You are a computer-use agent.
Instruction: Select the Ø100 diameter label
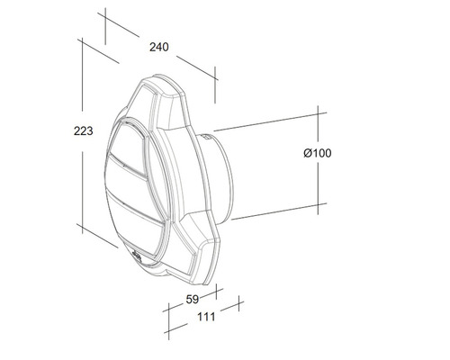(x=317, y=154)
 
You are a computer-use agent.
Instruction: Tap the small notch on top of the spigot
(x=213, y=135)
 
